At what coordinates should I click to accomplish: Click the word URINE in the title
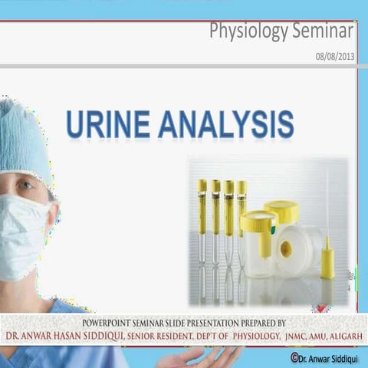[x=107, y=124]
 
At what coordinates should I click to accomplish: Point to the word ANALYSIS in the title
[x=225, y=124]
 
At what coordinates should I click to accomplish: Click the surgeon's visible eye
[x=25, y=186]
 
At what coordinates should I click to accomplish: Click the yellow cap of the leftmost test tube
[x=202, y=186]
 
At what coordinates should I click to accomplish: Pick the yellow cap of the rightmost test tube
[x=242, y=187]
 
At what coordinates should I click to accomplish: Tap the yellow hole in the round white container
[x=286, y=248]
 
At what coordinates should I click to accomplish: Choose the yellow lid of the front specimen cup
[x=258, y=222]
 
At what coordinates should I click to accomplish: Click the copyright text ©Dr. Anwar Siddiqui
[x=327, y=356]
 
